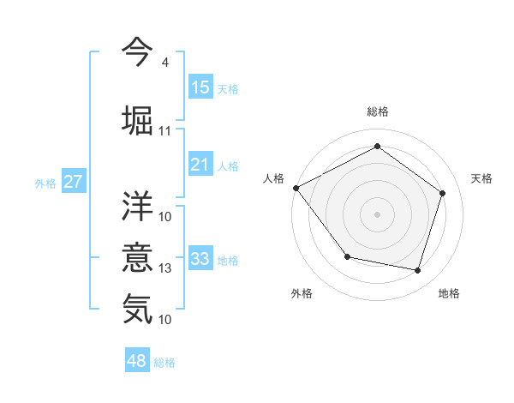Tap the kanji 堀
click(x=137, y=118)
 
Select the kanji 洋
click(x=137, y=206)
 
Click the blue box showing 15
click(x=200, y=87)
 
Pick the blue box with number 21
click(x=200, y=165)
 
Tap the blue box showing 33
click(x=200, y=259)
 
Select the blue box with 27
click(x=73, y=182)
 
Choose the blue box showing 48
click(x=137, y=361)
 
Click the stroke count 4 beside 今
click(x=164, y=63)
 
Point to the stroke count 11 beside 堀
click(x=165, y=131)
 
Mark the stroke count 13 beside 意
click(x=165, y=268)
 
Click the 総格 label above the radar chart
click(x=377, y=112)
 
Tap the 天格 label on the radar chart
click(x=482, y=178)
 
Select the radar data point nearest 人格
click(x=296, y=188)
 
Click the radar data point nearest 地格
click(x=417, y=271)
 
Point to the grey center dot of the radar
click(x=377, y=214)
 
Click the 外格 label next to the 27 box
click(x=45, y=183)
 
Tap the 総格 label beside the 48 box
click(x=164, y=363)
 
